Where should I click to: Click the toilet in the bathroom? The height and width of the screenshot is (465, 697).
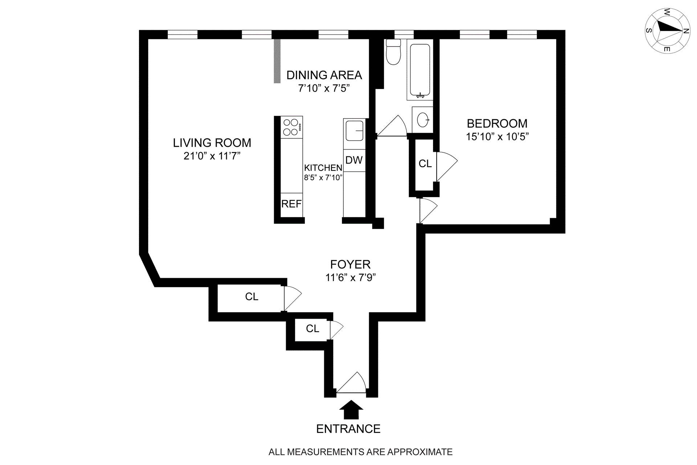[393, 53]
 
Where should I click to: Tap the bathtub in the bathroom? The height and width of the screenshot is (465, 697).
[420, 70]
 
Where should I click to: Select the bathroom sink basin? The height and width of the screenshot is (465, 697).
[423, 120]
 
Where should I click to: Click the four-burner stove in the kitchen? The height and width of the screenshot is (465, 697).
[292, 127]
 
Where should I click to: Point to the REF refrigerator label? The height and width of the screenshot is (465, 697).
[292, 204]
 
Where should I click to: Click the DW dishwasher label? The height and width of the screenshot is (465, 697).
[354, 160]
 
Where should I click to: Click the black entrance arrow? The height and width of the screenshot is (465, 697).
[351, 410]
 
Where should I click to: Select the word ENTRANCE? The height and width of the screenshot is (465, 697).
[348, 429]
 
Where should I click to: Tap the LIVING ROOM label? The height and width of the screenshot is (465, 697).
[212, 143]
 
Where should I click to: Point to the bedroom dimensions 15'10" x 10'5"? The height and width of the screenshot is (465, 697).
[497, 137]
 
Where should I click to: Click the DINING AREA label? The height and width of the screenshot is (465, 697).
[324, 75]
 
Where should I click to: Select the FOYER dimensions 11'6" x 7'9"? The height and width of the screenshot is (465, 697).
[350, 278]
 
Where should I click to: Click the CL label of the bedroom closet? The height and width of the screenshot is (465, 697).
[425, 164]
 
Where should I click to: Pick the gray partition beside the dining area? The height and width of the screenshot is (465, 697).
[277, 61]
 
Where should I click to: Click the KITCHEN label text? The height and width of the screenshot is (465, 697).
[323, 168]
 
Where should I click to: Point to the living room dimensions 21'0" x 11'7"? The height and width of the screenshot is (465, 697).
[212, 156]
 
